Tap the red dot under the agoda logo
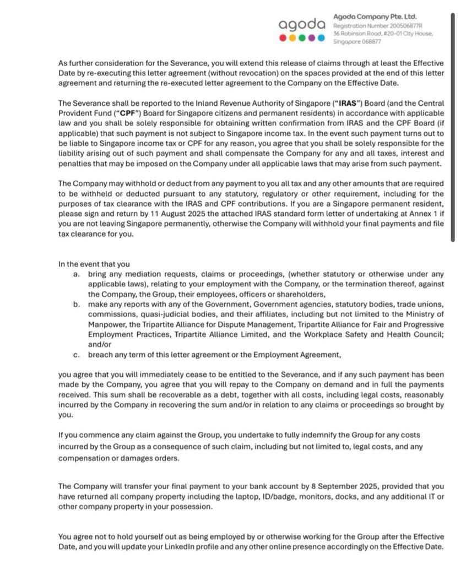point(283,38)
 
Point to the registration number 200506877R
point(400,25)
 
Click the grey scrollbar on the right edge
point(453,127)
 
